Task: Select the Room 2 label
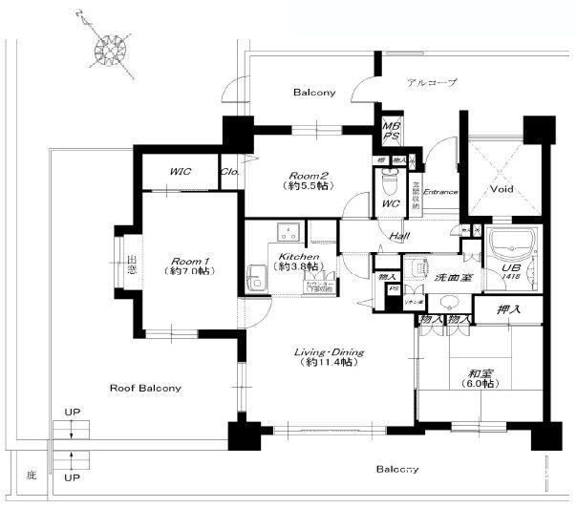[x=310, y=175]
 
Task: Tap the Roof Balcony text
[x=145, y=389]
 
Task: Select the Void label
[x=502, y=189]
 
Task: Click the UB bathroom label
[x=511, y=269]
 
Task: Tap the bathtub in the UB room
[x=514, y=246]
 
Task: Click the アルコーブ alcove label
[x=431, y=83]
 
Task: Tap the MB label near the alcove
[x=391, y=125]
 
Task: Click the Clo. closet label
[x=230, y=173]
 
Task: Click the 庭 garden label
[x=31, y=474]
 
